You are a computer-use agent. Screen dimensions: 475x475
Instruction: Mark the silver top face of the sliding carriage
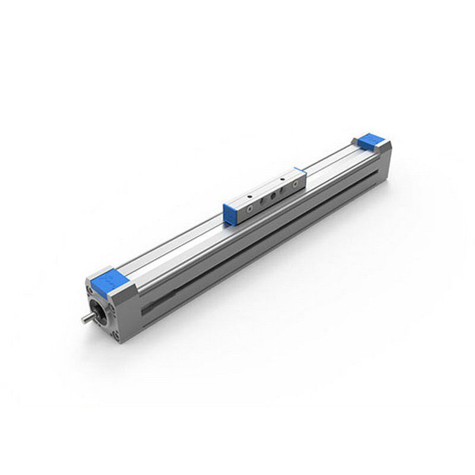point(264,186)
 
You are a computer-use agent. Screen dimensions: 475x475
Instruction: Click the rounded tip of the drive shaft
point(84,321)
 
